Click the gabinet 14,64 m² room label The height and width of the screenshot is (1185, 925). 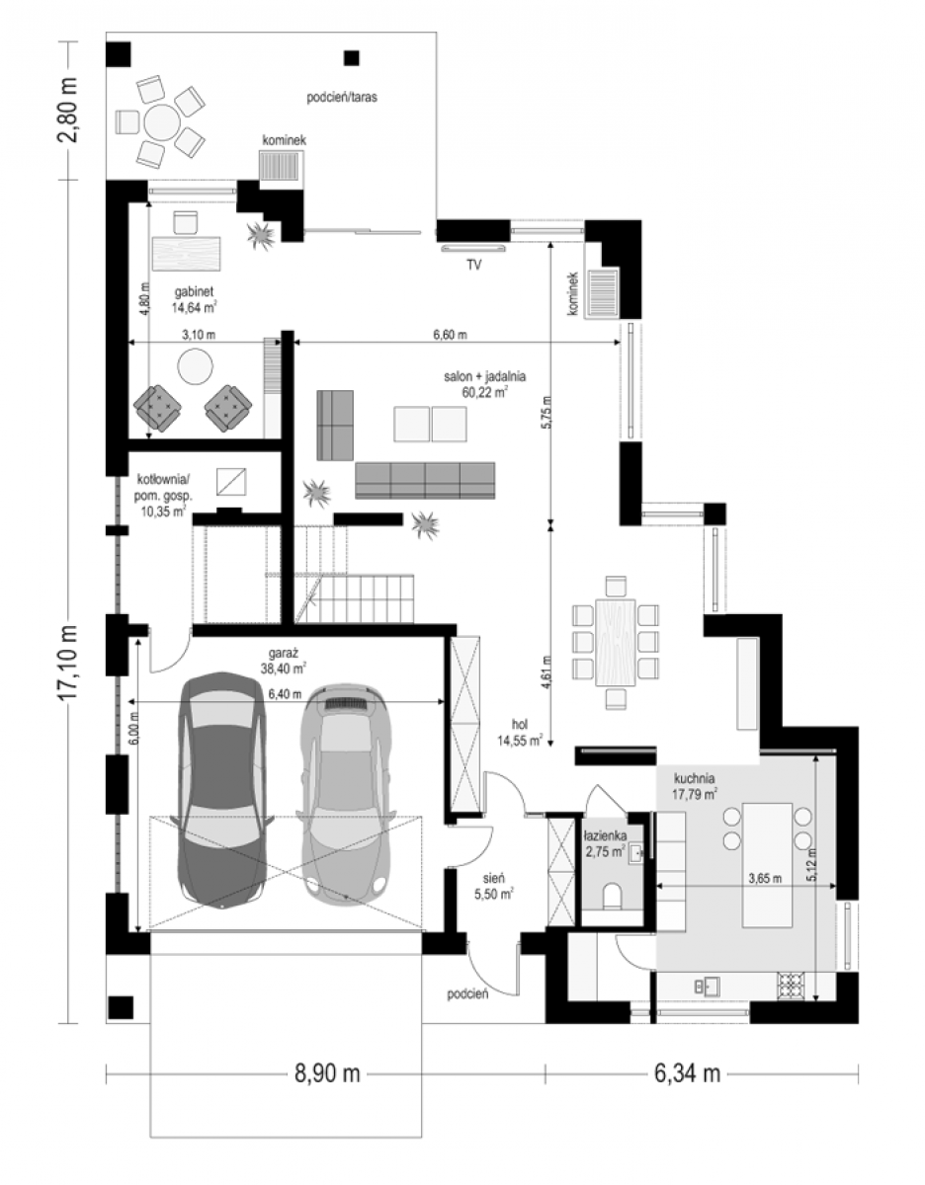pyautogui.click(x=194, y=300)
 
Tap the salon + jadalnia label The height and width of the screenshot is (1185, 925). pyautogui.click(x=485, y=384)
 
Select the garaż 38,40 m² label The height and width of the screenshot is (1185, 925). pyautogui.click(x=287, y=661)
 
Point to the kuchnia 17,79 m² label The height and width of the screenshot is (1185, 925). pyautogui.click(x=694, y=787)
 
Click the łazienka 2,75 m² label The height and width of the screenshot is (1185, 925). pyautogui.click(x=605, y=843)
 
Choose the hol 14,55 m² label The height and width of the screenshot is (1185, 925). pyautogui.click(x=519, y=733)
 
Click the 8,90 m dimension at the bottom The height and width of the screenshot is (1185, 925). pyautogui.click(x=327, y=1073)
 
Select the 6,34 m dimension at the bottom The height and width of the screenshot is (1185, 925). pyautogui.click(x=687, y=1073)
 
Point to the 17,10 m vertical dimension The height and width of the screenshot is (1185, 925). pyautogui.click(x=69, y=662)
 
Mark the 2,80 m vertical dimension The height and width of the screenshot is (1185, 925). pyautogui.click(x=69, y=109)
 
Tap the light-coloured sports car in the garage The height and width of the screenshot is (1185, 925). pyautogui.click(x=346, y=797)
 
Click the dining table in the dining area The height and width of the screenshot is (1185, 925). pyautogui.click(x=616, y=643)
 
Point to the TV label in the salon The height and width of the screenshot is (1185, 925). pyautogui.click(x=473, y=265)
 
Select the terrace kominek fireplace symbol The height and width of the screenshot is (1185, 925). pyautogui.click(x=279, y=164)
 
